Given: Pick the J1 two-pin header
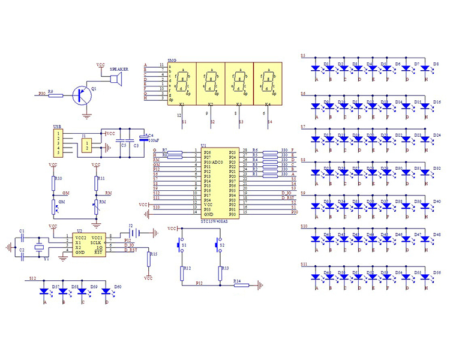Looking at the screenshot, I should click(x=88, y=144).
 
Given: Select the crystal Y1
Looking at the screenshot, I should click(x=40, y=247).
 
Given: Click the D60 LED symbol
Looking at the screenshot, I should click(x=107, y=292).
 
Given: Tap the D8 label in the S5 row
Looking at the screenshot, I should click(x=436, y=64).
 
